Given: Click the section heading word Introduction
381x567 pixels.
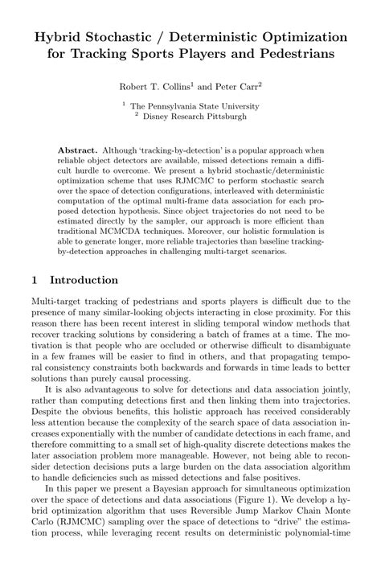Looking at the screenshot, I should coord(84,280).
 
